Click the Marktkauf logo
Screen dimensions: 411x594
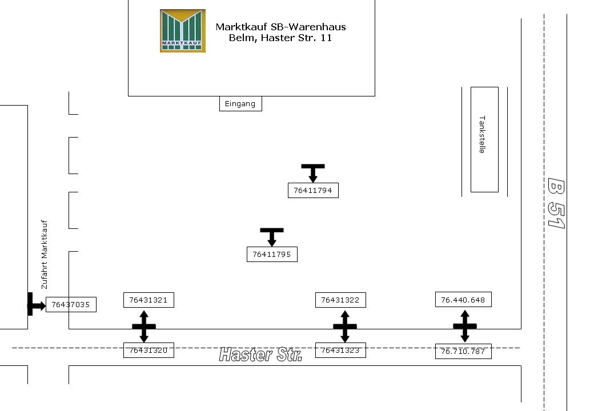[x=183, y=31]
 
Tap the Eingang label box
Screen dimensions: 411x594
[x=240, y=103]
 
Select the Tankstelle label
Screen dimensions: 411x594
[x=483, y=135]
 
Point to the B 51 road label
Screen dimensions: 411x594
[x=556, y=203]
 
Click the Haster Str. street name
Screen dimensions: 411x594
[x=260, y=355]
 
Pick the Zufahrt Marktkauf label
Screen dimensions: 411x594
[x=45, y=255]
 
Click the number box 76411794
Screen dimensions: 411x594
[x=313, y=191]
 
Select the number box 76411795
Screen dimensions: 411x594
[x=272, y=255]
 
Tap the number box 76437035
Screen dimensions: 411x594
[x=71, y=305]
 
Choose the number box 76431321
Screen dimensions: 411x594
[x=148, y=300]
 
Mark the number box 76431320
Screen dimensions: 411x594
[x=148, y=350]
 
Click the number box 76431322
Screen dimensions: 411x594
[x=340, y=300]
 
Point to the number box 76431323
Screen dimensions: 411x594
[x=340, y=350]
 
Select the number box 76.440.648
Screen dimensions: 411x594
[x=463, y=300]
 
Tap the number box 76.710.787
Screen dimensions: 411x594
[x=463, y=352]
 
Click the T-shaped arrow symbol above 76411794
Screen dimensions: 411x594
[x=313, y=172]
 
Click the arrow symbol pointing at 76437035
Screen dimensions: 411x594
[x=35, y=305]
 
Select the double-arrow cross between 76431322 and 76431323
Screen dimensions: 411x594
[x=345, y=327]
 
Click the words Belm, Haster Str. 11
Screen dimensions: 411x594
[x=280, y=38]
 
